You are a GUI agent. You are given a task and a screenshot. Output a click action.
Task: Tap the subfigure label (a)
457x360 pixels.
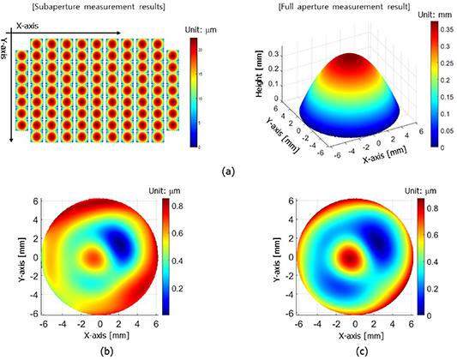tap(227, 171)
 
